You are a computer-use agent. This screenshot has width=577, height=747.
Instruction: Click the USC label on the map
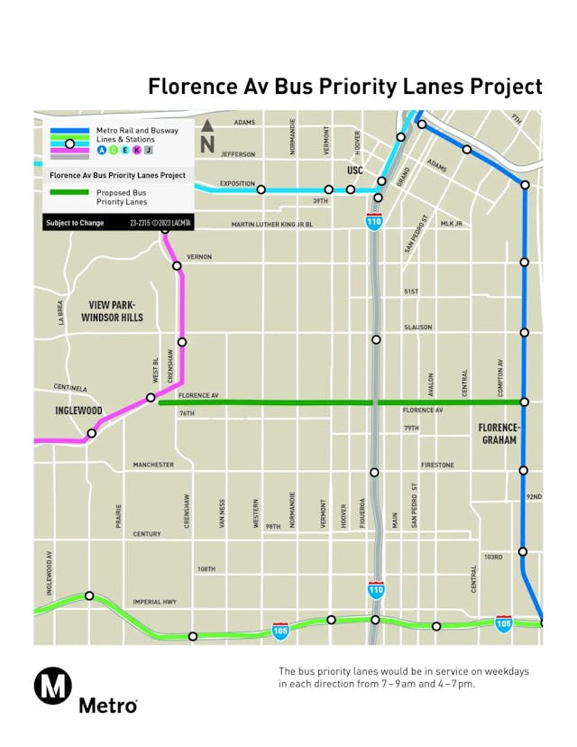click(353, 171)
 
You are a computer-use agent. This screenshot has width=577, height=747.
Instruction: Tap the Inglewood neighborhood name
click(73, 411)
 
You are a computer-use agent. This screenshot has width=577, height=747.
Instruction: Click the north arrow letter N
click(207, 143)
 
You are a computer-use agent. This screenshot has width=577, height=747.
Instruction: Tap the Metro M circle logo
click(53, 687)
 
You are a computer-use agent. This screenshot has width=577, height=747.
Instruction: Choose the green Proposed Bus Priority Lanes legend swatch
click(69, 192)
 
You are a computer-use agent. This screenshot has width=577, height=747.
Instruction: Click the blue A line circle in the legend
click(101, 152)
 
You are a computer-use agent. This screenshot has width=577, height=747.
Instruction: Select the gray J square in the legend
click(149, 152)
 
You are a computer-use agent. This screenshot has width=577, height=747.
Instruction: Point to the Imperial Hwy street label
click(153, 602)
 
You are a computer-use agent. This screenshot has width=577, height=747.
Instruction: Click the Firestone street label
click(437, 465)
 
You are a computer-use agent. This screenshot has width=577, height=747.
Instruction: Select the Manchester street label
click(153, 465)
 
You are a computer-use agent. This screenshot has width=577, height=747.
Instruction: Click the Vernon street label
click(199, 257)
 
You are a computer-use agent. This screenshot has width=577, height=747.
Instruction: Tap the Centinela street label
click(70, 388)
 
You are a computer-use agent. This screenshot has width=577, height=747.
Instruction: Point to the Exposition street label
click(238, 182)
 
